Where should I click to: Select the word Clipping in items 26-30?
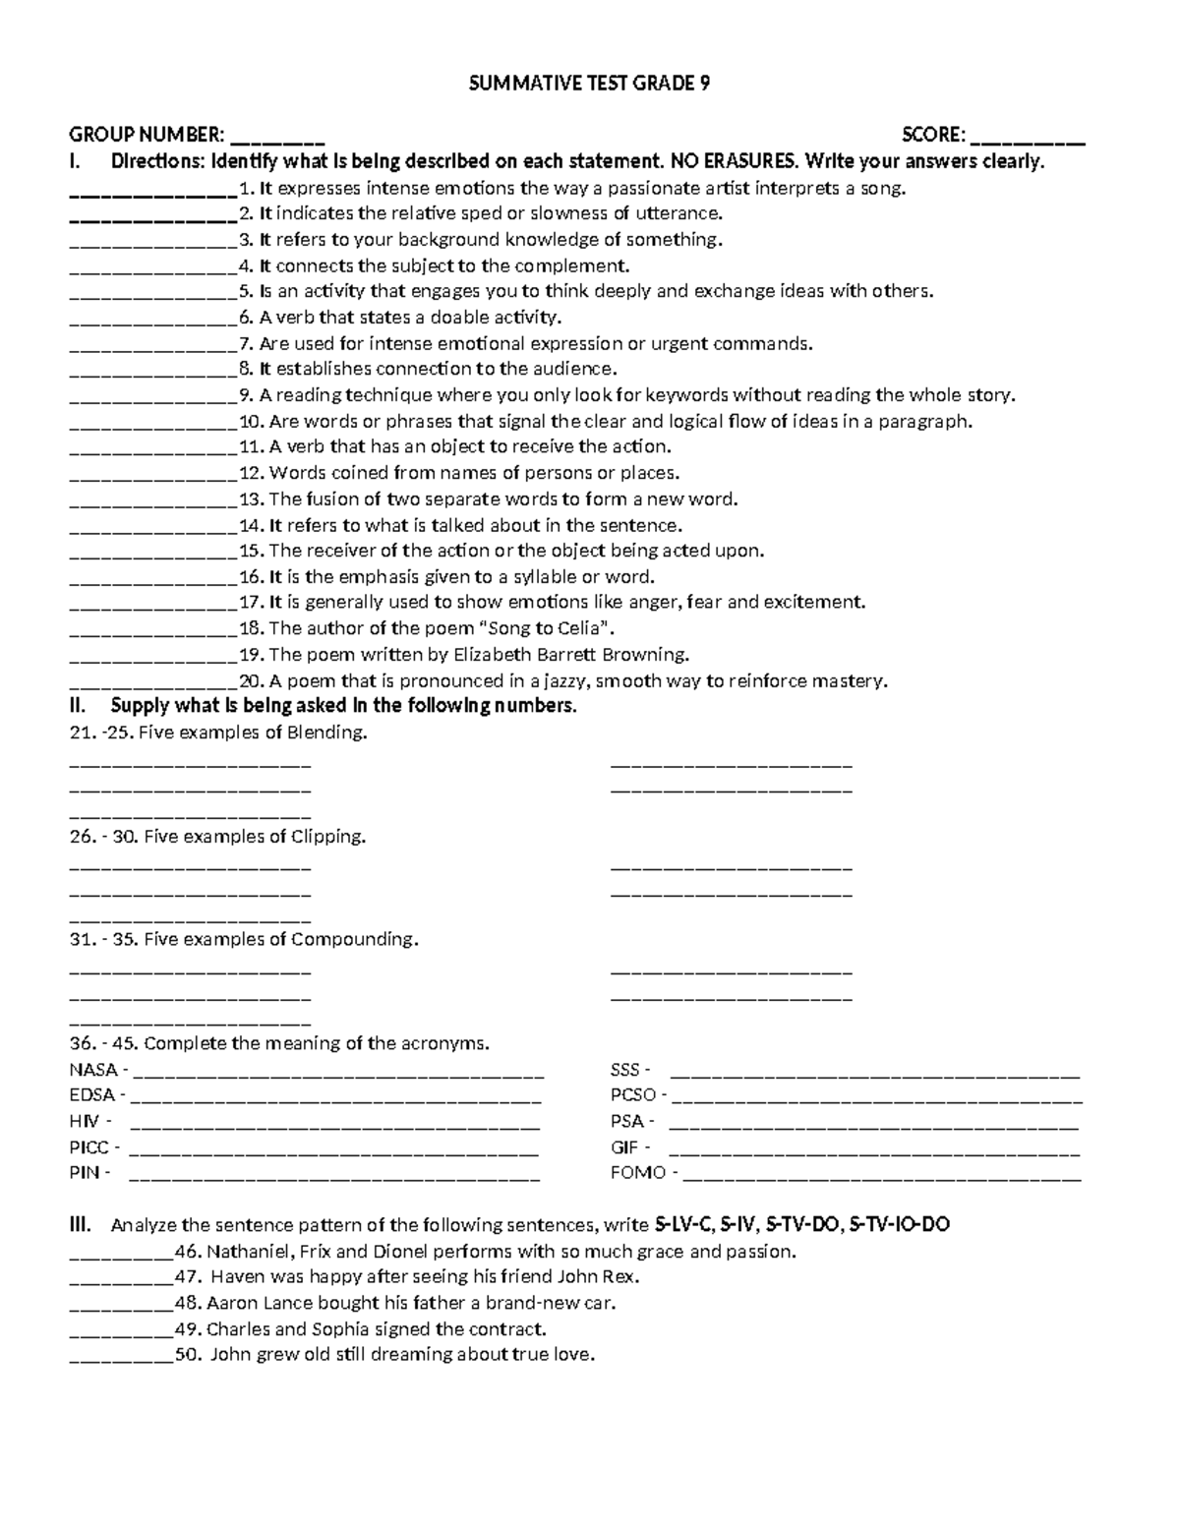(x=328, y=837)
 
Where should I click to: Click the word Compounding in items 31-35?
(x=355, y=939)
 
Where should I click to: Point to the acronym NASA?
(x=93, y=1070)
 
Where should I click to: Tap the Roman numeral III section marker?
(x=80, y=1225)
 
